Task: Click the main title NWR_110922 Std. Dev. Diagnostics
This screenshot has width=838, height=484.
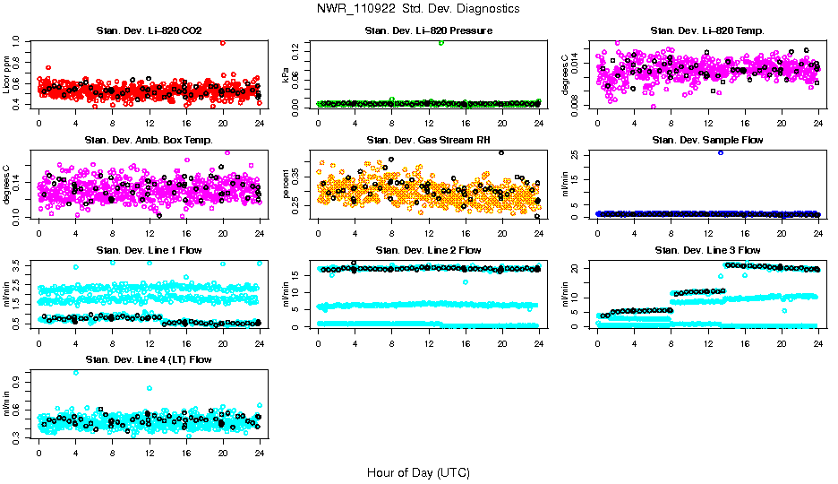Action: pyautogui.click(x=418, y=8)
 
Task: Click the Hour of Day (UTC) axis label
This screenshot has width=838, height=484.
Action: pyautogui.click(x=418, y=472)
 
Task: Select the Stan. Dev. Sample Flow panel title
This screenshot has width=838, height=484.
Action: pyautogui.click(x=707, y=141)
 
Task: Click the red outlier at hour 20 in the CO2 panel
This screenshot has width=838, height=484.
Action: pyautogui.click(x=222, y=42)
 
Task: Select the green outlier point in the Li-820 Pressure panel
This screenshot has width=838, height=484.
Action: pyautogui.click(x=441, y=42)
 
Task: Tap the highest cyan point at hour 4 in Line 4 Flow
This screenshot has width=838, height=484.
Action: pyautogui.click(x=75, y=372)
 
